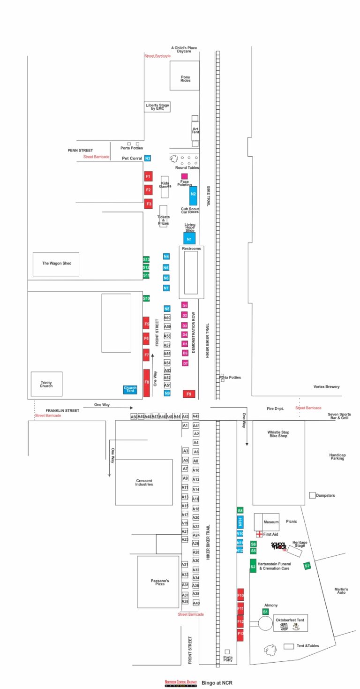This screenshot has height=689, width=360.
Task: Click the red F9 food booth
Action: click(x=189, y=394)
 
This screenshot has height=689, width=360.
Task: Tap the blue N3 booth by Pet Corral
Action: click(x=148, y=158)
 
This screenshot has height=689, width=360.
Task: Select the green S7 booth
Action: click(x=307, y=566)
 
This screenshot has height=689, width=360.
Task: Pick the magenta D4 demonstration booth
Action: click(x=185, y=334)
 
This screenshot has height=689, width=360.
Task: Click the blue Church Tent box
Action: click(x=130, y=389)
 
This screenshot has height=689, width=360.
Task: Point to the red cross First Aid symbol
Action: click(x=259, y=534)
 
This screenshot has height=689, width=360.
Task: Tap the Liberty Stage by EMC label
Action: click(x=157, y=107)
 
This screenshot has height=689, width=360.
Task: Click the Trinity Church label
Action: click(x=46, y=384)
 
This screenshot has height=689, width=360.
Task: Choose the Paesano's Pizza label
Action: click(x=159, y=583)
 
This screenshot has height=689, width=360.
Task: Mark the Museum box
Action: click(x=266, y=522)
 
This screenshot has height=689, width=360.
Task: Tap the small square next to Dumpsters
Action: click(x=312, y=495)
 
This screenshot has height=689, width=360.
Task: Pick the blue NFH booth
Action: click(x=240, y=522)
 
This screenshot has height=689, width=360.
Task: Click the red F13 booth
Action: click(x=240, y=634)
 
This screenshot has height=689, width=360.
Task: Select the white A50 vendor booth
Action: click(x=134, y=416)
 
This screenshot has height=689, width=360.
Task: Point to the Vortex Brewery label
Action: click(x=326, y=386)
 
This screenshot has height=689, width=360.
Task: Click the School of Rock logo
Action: click(x=278, y=546)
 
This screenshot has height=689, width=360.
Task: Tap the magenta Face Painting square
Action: click(x=185, y=176)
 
